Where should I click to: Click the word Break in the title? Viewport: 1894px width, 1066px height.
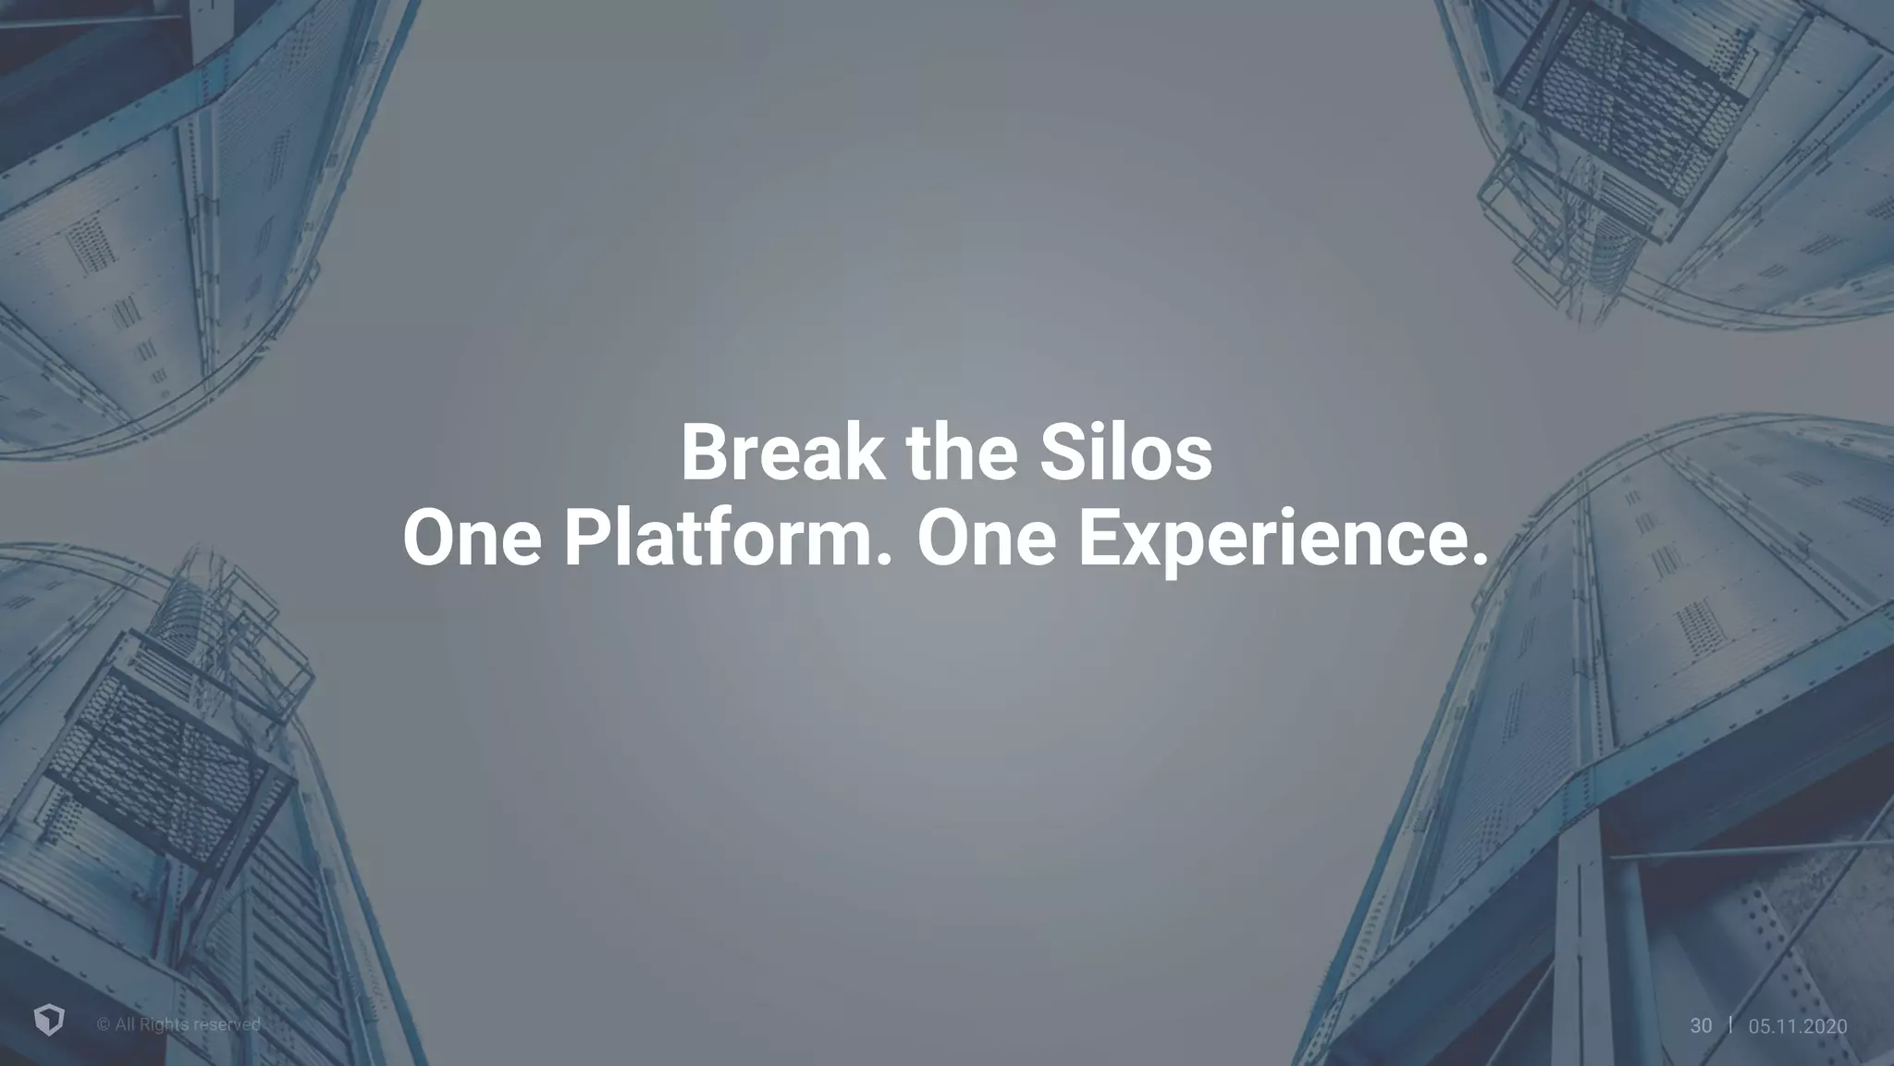[x=781, y=452]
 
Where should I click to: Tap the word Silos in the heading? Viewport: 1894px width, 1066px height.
[x=1125, y=452]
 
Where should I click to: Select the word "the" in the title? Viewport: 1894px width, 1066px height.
[x=961, y=452]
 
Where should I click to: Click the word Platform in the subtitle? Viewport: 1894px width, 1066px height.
[x=719, y=539]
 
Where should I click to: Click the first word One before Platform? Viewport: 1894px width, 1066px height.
[x=472, y=539]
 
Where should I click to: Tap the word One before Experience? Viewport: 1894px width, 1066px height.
[x=986, y=539]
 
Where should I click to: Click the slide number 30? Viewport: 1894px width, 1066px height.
[x=1701, y=1025]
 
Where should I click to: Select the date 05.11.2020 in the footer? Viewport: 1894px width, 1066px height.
[x=1797, y=1025]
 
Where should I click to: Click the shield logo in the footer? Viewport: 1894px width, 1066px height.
[x=49, y=1022]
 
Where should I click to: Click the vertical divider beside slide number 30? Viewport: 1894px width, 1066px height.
[x=1730, y=1024]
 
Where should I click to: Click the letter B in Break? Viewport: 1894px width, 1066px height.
[x=705, y=452]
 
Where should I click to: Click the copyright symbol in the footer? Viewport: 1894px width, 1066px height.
[x=103, y=1024]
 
